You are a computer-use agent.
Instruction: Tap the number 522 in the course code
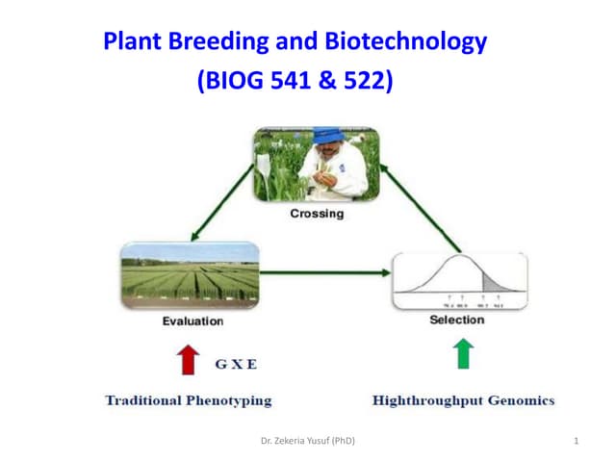pyautogui.click(x=365, y=82)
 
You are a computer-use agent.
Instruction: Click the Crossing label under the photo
pyautogui.click(x=317, y=213)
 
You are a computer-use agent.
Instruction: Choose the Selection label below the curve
pyautogui.click(x=457, y=321)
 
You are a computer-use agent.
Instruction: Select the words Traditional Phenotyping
pyautogui.click(x=189, y=399)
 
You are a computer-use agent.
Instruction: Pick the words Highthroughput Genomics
pyautogui.click(x=463, y=399)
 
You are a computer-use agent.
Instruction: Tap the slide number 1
pyautogui.click(x=575, y=441)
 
